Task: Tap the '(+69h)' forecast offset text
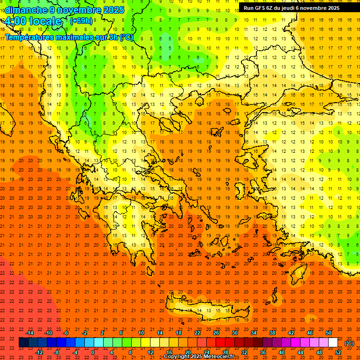coord(81,21)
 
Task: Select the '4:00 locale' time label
coord(33,21)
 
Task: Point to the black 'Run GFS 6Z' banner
coord(299,7)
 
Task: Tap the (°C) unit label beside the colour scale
coord(349,343)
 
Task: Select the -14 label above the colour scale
coord(30,333)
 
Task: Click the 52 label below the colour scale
coord(338,352)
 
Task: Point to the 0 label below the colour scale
coord(93,352)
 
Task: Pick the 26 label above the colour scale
coord(216,333)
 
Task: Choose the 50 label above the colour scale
coord(329,333)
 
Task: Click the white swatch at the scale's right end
coord(333,343)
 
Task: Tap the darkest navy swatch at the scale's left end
coord(23,343)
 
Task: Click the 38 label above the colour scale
coord(272,333)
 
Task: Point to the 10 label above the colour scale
coord(141,333)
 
